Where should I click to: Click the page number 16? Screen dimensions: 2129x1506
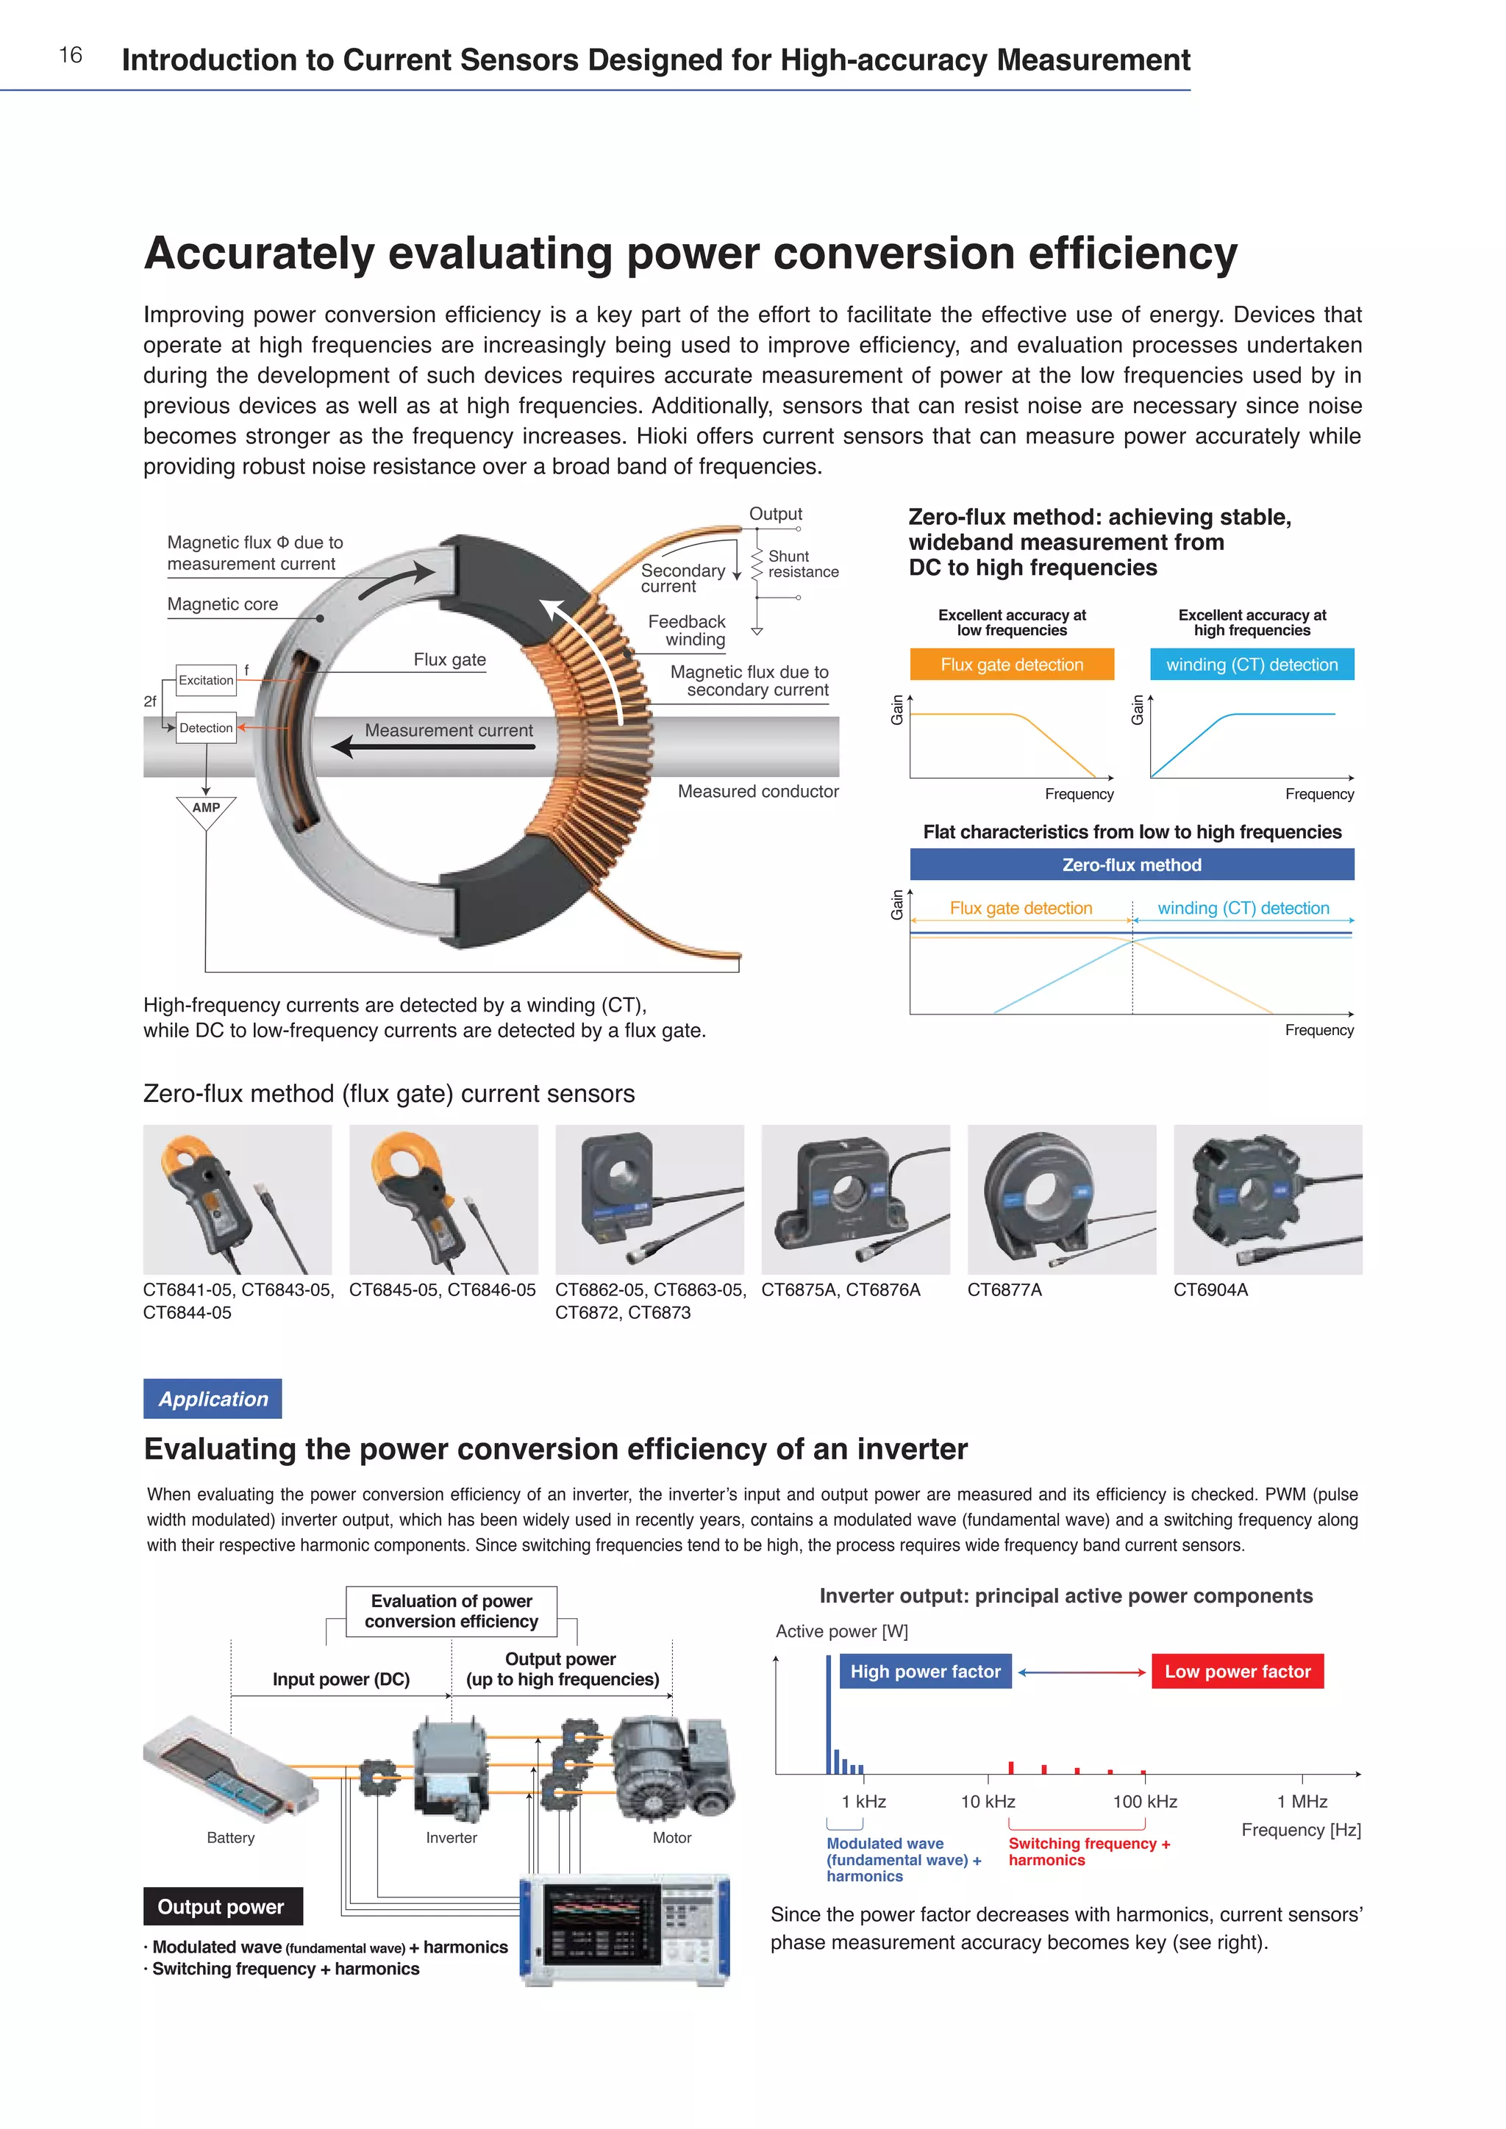pos(71,56)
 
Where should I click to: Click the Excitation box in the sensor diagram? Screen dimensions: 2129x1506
pos(206,680)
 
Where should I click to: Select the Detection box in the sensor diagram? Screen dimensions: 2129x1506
pos(206,728)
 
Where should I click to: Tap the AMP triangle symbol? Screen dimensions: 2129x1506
pos(206,809)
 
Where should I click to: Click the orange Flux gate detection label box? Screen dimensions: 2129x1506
pos(1012,664)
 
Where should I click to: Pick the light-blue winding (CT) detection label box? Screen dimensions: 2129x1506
pos(1252,664)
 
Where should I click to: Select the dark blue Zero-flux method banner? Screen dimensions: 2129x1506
pos(1132,865)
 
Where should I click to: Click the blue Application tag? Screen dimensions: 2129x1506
pos(213,1398)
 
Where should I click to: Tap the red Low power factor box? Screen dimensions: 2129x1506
pos(1237,1671)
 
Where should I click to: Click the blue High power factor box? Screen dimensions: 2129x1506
pos(926,1671)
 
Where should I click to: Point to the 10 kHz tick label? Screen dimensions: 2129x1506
pos(988,1800)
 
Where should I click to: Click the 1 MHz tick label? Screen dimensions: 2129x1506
pos(1302,1800)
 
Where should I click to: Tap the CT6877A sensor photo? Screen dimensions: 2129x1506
pos(1062,1199)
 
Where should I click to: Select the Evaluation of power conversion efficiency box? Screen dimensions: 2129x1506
pos(452,1611)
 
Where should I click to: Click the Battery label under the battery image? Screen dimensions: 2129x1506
pos(231,1837)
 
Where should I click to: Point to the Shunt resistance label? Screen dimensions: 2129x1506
pos(802,564)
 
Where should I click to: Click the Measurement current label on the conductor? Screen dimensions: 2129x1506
pos(449,730)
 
